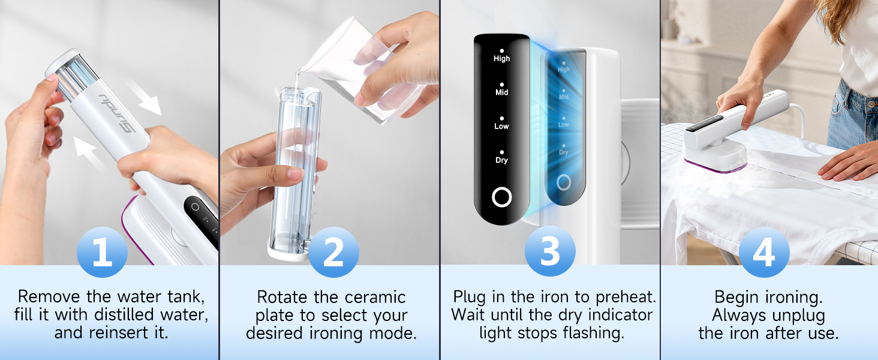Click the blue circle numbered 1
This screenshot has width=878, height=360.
[103, 253]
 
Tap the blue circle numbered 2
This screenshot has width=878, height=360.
[333, 253]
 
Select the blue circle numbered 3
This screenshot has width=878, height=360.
[551, 253]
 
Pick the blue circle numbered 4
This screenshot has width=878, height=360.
[763, 253]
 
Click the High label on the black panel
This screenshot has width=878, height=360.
[501, 58]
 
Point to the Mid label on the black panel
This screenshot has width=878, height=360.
[501, 92]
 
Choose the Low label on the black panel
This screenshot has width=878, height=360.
[501, 126]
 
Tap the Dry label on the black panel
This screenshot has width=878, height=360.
[501, 160]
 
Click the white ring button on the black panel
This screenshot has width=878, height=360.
[501, 197]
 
